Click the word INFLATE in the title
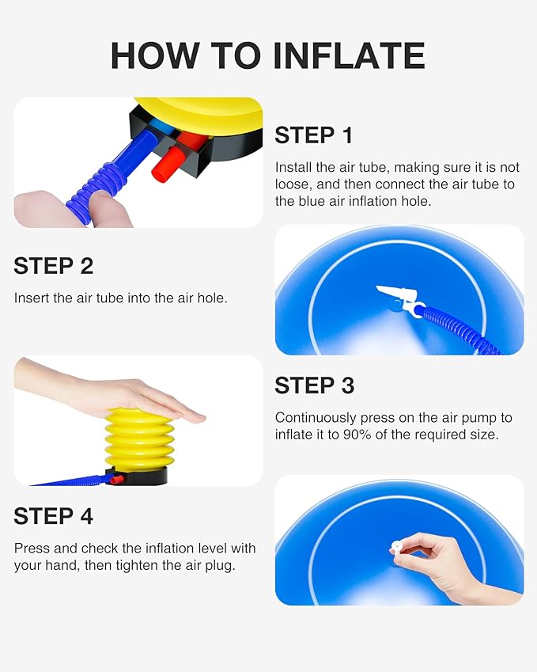[x=349, y=55]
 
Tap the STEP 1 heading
[x=313, y=135]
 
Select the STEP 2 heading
[x=53, y=266]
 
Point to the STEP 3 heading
[x=314, y=385]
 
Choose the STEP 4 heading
[x=53, y=516]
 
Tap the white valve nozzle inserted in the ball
[x=397, y=295]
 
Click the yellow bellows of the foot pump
[x=139, y=438]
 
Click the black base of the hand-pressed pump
[x=142, y=476]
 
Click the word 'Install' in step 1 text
[x=293, y=167]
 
